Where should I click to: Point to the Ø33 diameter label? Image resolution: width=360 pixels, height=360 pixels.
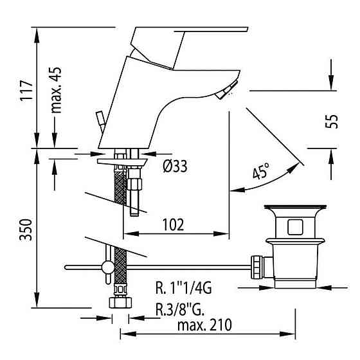(174, 166)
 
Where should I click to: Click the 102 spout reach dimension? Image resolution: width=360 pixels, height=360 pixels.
(172, 224)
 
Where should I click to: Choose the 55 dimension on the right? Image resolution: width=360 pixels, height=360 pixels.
(332, 121)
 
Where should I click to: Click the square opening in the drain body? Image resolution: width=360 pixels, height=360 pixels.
(296, 227)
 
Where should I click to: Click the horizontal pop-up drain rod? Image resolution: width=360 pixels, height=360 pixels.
(180, 265)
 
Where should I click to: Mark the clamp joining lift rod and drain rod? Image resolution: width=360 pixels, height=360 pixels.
(106, 266)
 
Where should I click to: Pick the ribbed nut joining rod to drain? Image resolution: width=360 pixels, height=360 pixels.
(257, 265)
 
